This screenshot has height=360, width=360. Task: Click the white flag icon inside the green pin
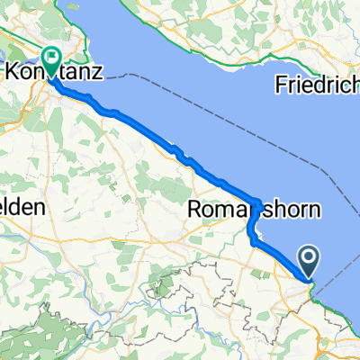pyautogui.click(x=51, y=56)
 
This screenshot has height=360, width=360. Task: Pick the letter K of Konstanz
pyautogui.click(x=12, y=70)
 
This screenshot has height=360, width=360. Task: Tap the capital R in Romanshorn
pyautogui.click(x=196, y=211)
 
